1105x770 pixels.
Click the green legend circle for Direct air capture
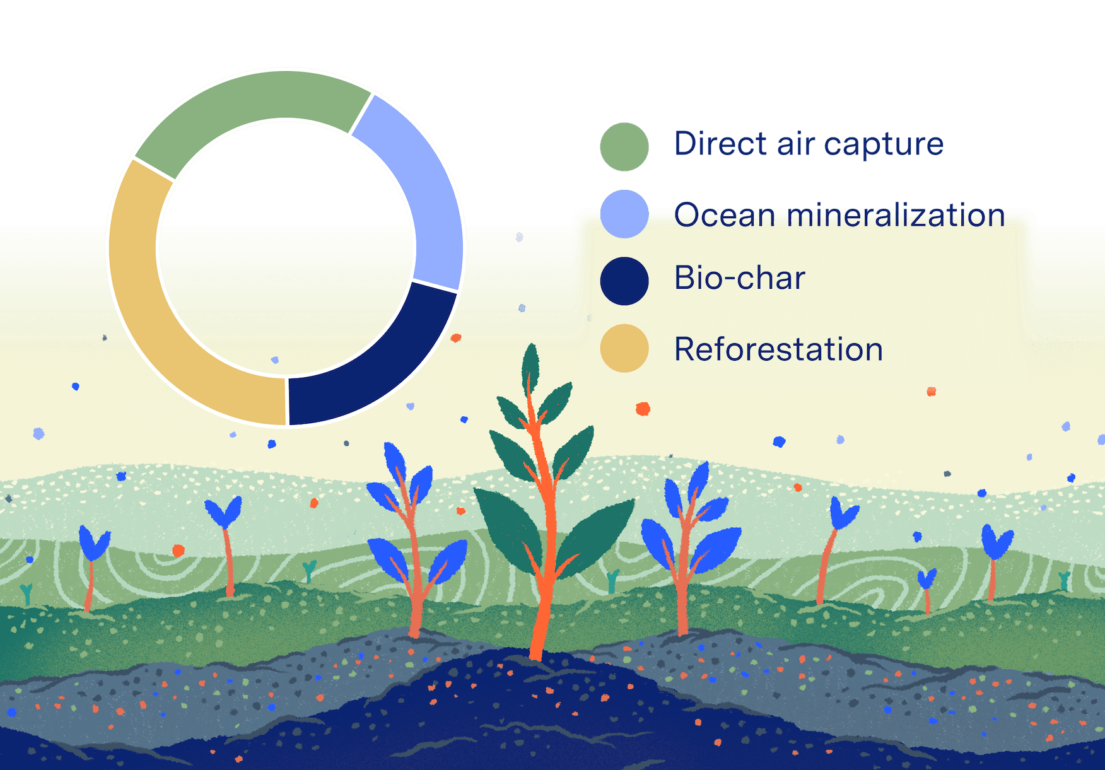[624, 147]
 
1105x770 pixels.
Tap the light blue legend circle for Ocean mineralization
[624, 214]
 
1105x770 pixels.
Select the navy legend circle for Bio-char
[624, 281]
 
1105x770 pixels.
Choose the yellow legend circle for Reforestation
[624, 348]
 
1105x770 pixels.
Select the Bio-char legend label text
[740, 277]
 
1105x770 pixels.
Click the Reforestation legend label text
[779, 349]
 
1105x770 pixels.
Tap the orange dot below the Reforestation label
[643, 409]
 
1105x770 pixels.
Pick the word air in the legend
[796, 143]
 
